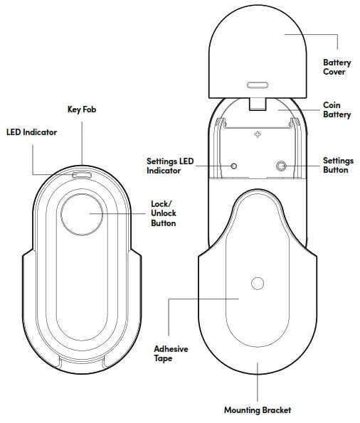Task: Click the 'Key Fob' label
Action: pyautogui.click(x=82, y=110)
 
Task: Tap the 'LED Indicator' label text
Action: pyautogui.click(x=31, y=132)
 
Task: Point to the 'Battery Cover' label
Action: pyautogui.click(x=337, y=68)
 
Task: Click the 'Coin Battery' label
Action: pyautogui.click(x=337, y=110)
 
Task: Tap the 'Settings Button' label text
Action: pyautogui.click(x=336, y=166)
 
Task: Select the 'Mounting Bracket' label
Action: pyautogui.click(x=257, y=410)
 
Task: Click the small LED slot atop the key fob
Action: pyautogui.click(x=82, y=173)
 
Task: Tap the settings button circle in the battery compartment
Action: pyautogui.click(x=281, y=166)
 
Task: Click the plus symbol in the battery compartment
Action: pyautogui.click(x=258, y=133)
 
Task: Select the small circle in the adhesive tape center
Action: pyautogui.click(x=257, y=284)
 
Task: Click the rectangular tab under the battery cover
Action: pyautogui.click(x=258, y=104)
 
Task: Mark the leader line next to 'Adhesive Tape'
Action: pyautogui.click(x=168, y=320)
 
